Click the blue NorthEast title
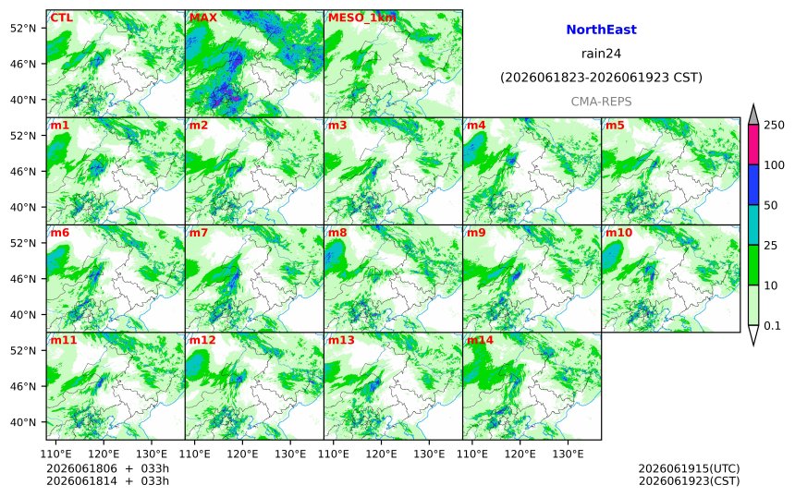(x=601, y=30)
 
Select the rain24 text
(x=601, y=54)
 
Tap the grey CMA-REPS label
(x=601, y=102)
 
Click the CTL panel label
(x=61, y=18)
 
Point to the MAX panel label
(x=202, y=18)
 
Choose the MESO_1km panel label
(x=362, y=18)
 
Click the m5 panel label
(x=615, y=125)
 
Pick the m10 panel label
(x=618, y=233)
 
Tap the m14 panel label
(x=480, y=340)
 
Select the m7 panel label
(x=198, y=233)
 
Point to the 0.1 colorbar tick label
(x=772, y=326)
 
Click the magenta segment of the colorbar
(x=753, y=144)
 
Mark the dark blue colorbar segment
(x=753, y=185)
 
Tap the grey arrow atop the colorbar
(x=753, y=115)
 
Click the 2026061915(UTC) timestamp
(x=689, y=468)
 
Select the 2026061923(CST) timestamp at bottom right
(x=689, y=480)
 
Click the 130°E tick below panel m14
(x=568, y=454)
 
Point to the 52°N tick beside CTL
(x=23, y=28)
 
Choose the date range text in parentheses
(x=601, y=78)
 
